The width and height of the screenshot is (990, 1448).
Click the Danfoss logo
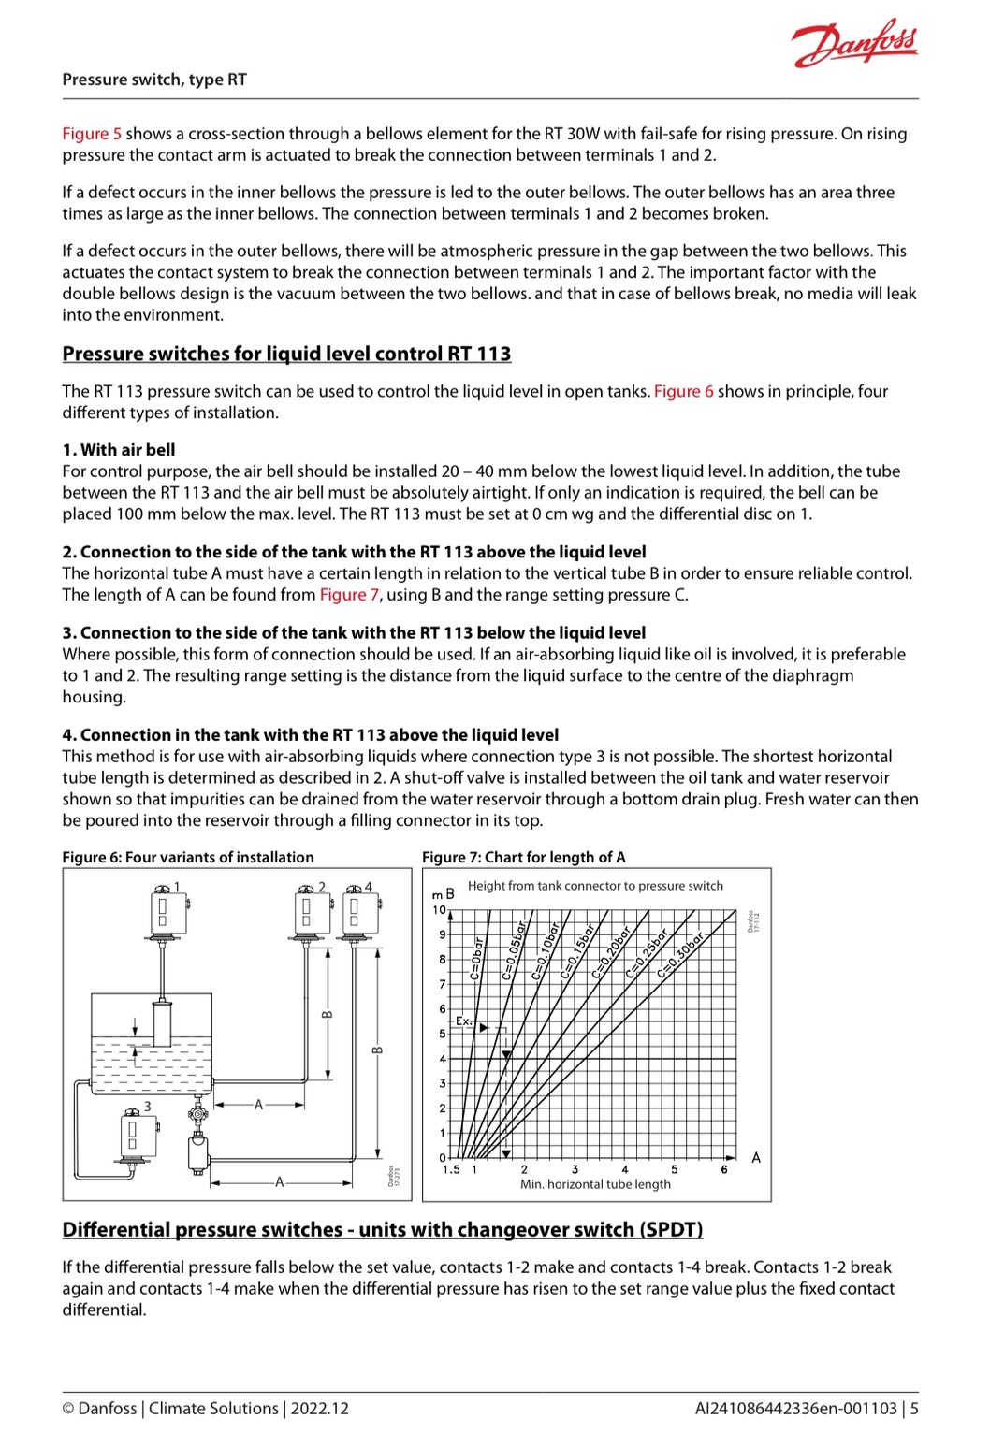[854, 43]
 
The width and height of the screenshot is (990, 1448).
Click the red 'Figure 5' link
[92, 134]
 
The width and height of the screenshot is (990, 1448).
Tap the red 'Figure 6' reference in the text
[683, 391]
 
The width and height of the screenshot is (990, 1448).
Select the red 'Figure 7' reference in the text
[349, 595]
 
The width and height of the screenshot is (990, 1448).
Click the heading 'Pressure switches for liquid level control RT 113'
[286, 354]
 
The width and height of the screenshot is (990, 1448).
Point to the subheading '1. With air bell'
[119, 450]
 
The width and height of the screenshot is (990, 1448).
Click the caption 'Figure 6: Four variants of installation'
[188, 857]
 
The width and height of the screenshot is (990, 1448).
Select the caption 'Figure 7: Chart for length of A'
[523, 857]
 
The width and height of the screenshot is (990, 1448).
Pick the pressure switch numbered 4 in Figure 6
[355, 911]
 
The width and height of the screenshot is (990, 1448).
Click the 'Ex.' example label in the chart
[463, 1021]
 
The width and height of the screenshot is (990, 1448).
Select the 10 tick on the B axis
[439, 909]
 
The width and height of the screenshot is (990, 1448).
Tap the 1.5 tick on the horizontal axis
[451, 1169]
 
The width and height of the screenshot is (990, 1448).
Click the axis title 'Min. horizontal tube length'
[595, 1184]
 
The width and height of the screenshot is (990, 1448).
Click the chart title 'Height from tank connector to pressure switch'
[595, 886]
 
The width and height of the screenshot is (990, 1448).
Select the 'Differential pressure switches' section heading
[382, 1229]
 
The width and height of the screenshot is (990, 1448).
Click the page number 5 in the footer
[914, 1408]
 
